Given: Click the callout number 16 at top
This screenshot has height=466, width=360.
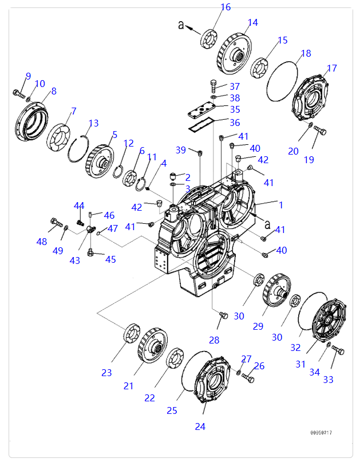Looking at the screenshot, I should [226, 7].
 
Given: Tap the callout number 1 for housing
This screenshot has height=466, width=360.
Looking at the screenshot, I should [280, 204].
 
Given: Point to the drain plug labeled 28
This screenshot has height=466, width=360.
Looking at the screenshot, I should [223, 315].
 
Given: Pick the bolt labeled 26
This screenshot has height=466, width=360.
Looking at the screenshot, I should [248, 377].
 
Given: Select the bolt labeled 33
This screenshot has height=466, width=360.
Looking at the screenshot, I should [338, 350].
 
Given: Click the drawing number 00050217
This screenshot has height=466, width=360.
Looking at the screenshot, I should [321, 432].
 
